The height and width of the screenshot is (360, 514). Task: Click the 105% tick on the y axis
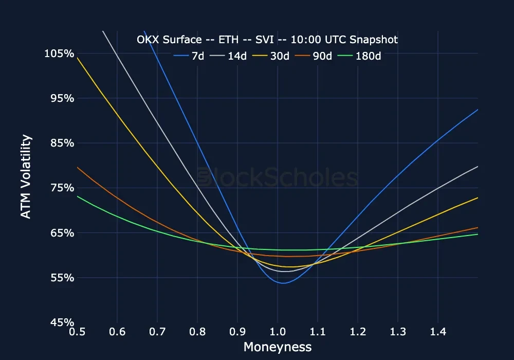pos(60,53)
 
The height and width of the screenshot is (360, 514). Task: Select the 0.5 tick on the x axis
pos(77,333)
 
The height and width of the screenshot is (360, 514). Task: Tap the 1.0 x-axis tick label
pos(278,333)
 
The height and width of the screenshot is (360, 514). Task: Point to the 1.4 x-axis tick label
pos(438,333)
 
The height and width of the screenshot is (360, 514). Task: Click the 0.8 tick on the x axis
pos(197,333)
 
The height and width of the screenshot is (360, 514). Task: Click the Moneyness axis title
pos(278,347)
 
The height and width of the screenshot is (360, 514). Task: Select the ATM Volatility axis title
pos(26,176)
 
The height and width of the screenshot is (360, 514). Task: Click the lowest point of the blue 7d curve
pos(283,283)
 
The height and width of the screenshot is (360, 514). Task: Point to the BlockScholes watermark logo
pos(278,178)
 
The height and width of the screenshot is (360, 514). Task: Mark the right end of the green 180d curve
pos(478,234)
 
